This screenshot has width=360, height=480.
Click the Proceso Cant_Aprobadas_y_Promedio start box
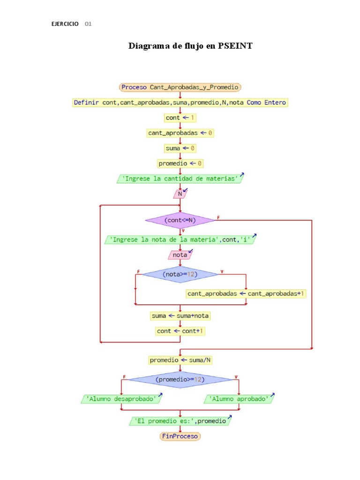180,87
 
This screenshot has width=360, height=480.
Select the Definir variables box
180,102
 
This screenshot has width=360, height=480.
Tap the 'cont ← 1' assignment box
180,118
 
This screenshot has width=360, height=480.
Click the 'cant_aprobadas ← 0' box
180,133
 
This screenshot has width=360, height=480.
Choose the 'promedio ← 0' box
180,164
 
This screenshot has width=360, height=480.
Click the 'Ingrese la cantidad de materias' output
180,179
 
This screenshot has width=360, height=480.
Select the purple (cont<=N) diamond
180,220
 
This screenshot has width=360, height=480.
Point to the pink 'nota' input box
180,255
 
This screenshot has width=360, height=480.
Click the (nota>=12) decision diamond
180,274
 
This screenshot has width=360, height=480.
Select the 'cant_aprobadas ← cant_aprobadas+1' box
246,294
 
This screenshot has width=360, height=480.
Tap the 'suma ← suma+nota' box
180,316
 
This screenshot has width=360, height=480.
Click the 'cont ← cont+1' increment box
180,331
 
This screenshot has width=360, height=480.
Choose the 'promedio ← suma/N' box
180,360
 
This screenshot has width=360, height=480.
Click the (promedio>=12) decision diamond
180,379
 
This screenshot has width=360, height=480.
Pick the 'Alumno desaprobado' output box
121,399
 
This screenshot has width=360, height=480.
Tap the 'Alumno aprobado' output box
239,399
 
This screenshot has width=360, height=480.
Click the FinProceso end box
180,436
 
